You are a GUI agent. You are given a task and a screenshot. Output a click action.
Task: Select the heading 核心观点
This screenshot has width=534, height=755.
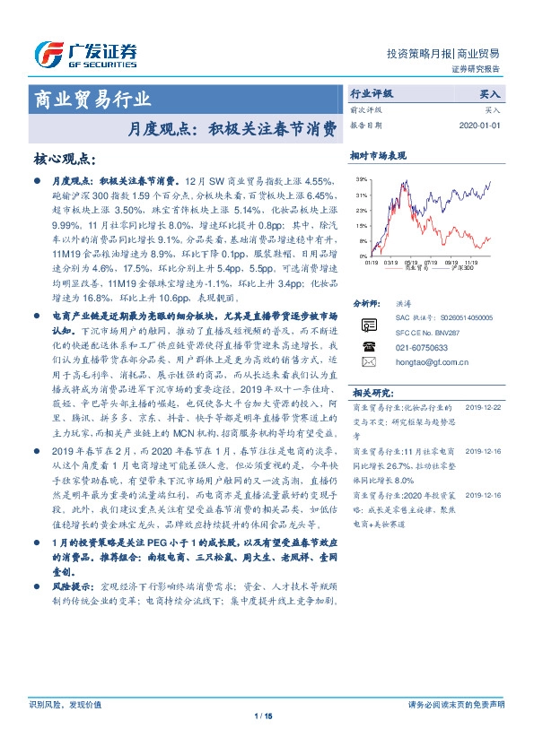(63, 159)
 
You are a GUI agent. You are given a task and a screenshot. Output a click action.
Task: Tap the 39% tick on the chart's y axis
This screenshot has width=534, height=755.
(360, 180)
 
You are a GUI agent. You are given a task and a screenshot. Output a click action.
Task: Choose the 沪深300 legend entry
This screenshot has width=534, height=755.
(462, 269)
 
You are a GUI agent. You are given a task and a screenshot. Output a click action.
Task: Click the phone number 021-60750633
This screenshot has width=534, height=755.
(420, 346)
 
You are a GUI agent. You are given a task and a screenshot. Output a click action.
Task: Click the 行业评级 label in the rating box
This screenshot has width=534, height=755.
(371, 92)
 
